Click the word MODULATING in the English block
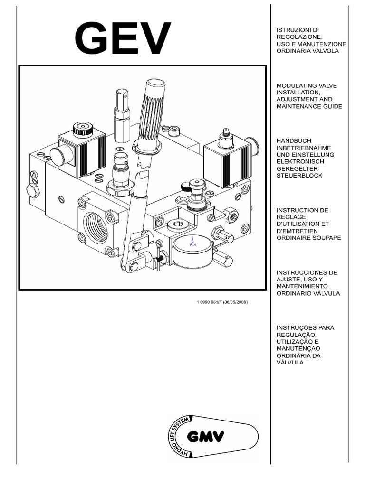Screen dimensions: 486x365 (296, 85)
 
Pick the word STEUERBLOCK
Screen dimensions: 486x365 (299, 175)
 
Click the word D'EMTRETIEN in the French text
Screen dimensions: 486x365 (297, 231)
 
